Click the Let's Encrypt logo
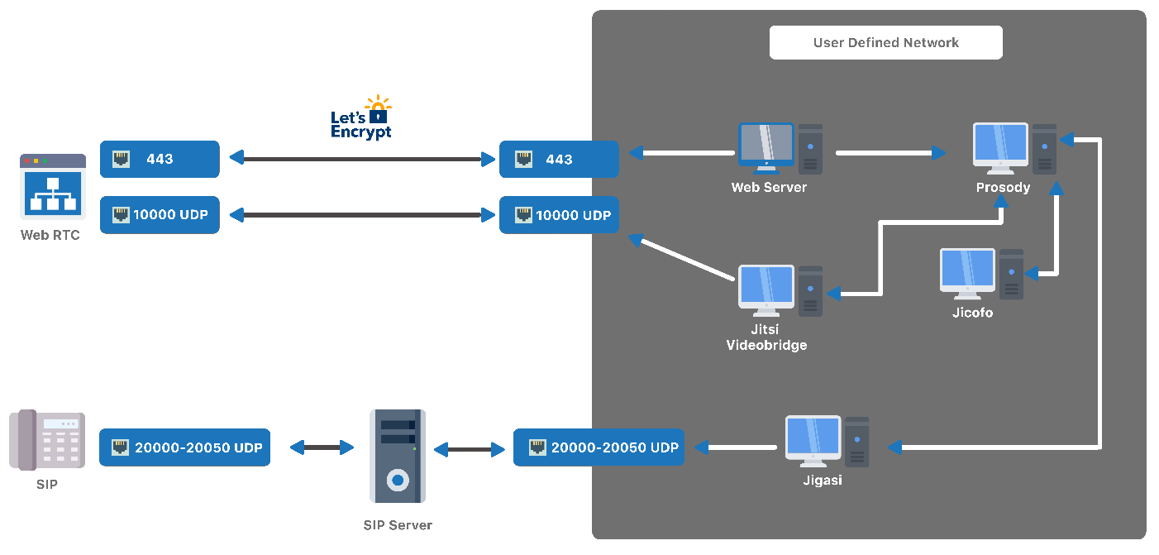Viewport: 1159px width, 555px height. pos(361,118)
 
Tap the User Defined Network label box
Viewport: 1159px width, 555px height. pos(885,43)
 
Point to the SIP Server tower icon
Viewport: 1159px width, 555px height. pos(398,456)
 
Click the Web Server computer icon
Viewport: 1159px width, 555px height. pos(780,149)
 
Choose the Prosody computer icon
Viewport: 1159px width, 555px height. pos(1014,149)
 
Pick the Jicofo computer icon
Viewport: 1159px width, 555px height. pos(982,274)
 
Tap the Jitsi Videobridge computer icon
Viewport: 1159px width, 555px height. pos(780,290)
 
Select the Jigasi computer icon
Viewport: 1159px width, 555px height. pos(827,442)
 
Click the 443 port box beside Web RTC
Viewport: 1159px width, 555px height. pos(160,159)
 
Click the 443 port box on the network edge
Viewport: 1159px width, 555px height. pos(559,159)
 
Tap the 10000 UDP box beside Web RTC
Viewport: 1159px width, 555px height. pos(160,215)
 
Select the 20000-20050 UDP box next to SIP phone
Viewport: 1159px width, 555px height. pos(184,447)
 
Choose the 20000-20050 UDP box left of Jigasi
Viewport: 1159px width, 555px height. pos(599,447)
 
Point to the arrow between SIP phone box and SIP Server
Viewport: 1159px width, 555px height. pos(322,447)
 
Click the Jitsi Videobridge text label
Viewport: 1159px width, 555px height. pos(766,337)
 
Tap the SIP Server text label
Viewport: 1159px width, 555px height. pos(398,525)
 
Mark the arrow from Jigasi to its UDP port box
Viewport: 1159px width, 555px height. pos(736,447)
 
